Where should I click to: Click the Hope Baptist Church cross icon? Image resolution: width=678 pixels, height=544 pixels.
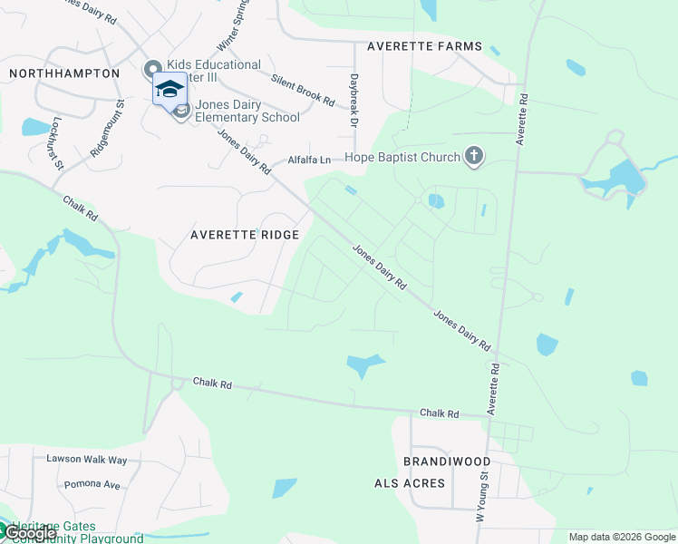(x=472, y=158)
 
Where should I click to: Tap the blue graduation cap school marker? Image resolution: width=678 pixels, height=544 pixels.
(x=169, y=89)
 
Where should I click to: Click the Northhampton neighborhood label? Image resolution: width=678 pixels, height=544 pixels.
(x=63, y=73)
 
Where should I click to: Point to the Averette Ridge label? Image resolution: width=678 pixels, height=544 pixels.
(x=244, y=235)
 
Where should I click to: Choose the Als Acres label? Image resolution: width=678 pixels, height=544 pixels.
(x=410, y=483)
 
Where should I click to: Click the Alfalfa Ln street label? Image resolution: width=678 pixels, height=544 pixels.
(x=310, y=160)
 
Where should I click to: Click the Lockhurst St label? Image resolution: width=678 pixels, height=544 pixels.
(x=57, y=142)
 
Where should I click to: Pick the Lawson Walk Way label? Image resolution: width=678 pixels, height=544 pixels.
(x=82, y=459)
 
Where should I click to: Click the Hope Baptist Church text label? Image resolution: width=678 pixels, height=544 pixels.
(x=402, y=158)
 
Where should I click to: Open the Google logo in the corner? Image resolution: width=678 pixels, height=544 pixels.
(x=29, y=534)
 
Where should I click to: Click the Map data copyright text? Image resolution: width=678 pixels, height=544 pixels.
(x=622, y=537)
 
